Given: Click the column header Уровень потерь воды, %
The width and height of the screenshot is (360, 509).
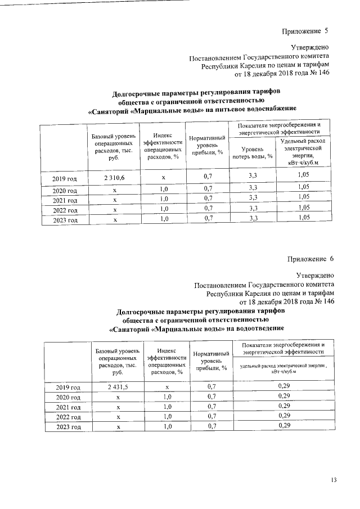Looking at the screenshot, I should tap(253, 152).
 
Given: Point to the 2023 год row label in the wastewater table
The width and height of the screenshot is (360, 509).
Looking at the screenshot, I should tap(68, 427).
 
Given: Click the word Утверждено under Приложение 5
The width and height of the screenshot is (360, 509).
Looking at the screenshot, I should tap(309, 48).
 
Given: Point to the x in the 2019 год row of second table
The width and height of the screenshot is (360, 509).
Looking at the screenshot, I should tap(167, 387).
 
